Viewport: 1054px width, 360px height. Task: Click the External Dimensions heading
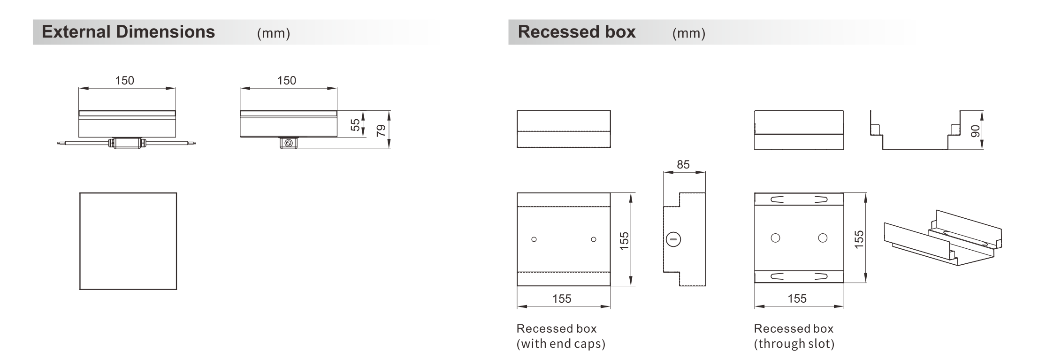[x=128, y=32]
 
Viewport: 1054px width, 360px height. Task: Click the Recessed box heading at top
[x=577, y=32]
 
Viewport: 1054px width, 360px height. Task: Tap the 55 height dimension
[x=355, y=125]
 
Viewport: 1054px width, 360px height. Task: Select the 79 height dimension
[x=381, y=130]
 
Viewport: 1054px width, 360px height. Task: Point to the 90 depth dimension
[x=975, y=131]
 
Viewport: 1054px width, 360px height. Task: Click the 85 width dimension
[x=683, y=165]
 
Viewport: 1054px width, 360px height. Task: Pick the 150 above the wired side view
[x=125, y=81]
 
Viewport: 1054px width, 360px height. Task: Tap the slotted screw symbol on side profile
[x=673, y=239]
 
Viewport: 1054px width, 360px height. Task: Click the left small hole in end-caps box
[x=534, y=239]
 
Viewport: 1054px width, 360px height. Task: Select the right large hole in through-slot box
[x=823, y=238]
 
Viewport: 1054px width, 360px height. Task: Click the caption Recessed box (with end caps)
[x=561, y=336]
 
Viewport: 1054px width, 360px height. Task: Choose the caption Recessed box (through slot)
[x=794, y=336]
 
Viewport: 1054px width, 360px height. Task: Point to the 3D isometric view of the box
[x=943, y=237]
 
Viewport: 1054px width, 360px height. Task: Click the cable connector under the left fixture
[x=126, y=143]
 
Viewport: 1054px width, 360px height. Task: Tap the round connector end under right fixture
[x=288, y=143]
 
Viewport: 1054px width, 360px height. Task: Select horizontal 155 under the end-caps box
[x=562, y=299]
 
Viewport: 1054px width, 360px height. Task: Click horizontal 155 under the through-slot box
[x=797, y=299]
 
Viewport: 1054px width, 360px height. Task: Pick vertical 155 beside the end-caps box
[x=624, y=241]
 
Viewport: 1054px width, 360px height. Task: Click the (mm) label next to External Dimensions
[x=274, y=33]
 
